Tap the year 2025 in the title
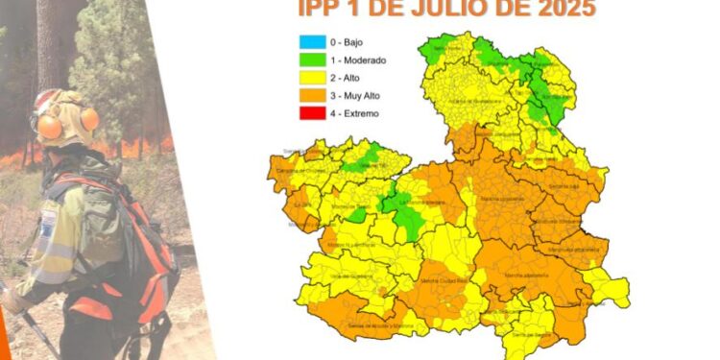tap(557, 10)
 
